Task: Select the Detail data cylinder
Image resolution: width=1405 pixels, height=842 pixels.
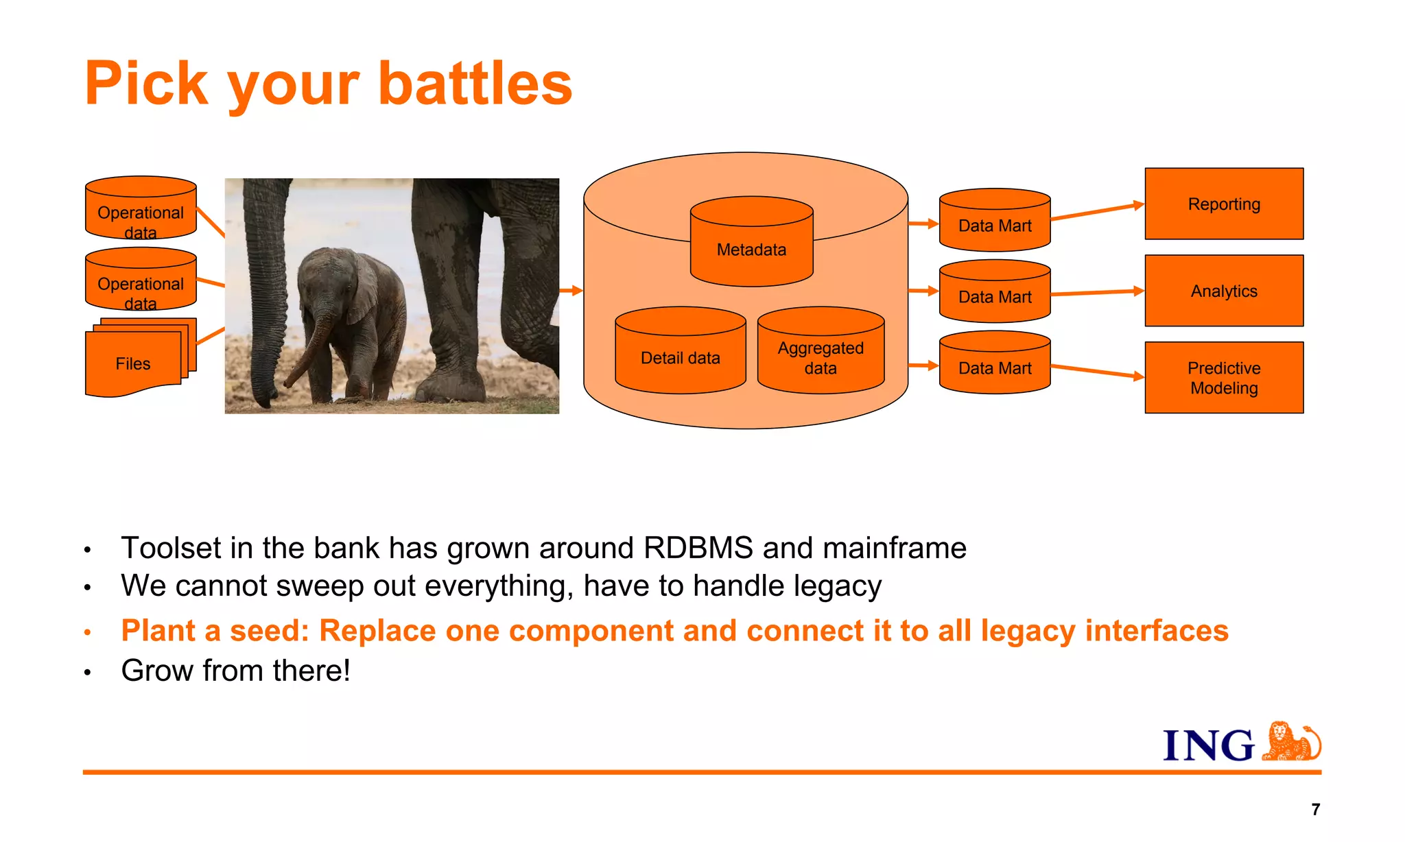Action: point(680,357)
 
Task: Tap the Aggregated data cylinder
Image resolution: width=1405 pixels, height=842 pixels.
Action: point(820,357)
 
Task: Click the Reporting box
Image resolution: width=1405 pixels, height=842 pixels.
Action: point(1224,204)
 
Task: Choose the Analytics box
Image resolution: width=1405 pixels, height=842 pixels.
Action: point(1224,291)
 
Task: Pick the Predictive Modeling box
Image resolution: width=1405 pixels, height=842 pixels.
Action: point(1224,378)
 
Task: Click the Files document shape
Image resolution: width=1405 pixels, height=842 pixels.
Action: point(133,363)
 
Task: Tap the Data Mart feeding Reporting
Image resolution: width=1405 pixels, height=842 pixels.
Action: point(995,225)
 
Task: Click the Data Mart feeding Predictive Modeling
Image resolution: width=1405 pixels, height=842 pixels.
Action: point(995,368)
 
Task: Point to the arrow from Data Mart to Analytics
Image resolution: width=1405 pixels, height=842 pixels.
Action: point(1098,293)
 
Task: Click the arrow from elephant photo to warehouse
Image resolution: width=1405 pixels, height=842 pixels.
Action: point(571,291)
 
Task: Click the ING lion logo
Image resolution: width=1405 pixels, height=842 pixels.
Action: point(1292,742)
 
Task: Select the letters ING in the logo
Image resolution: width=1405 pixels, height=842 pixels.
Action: point(1209,746)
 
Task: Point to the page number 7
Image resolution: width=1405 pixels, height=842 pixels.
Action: point(1315,810)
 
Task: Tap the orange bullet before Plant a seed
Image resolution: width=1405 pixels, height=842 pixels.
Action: point(88,632)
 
